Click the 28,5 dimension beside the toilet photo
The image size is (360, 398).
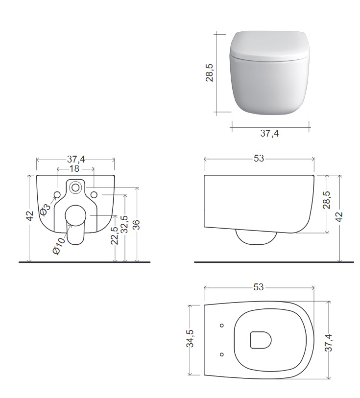pos(210,72)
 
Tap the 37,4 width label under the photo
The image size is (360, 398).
pos(269,133)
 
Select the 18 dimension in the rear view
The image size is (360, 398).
pos(74,168)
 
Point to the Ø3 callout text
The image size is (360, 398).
pos(45,210)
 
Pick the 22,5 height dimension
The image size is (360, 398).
pos(115,235)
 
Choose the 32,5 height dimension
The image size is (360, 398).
pos(124,224)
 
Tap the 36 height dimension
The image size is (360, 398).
pos(136,225)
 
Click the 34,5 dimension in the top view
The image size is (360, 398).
pos(190,338)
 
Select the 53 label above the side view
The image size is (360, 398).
pos(259,159)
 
